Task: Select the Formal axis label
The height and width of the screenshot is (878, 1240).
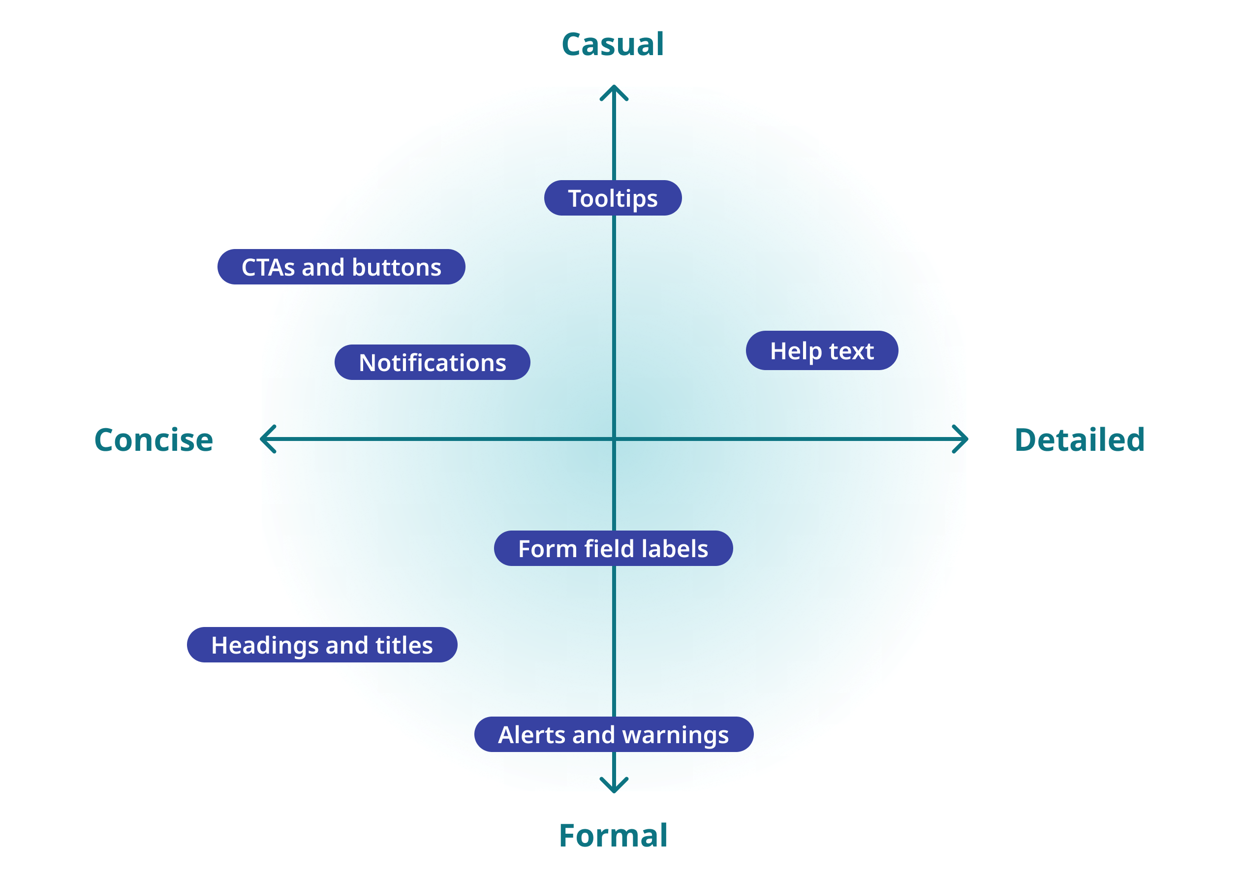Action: coord(613,835)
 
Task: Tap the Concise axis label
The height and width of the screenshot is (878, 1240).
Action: coord(154,439)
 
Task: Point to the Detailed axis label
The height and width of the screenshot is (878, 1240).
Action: coord(1080,439)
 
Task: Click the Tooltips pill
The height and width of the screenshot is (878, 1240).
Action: coord(613,198)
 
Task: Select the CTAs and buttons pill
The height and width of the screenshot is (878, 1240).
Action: coord(341,267)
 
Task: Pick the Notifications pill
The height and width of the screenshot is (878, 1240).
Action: coord(432,362)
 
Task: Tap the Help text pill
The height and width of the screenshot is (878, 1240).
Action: coord(822,351)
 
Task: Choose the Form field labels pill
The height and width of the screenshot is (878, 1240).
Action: coord(613,549)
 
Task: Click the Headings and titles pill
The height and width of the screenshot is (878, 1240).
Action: coord(322,645)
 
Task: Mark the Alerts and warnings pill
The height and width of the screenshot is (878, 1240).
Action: coord(614,735)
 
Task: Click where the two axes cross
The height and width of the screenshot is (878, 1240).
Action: coord(614,439)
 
